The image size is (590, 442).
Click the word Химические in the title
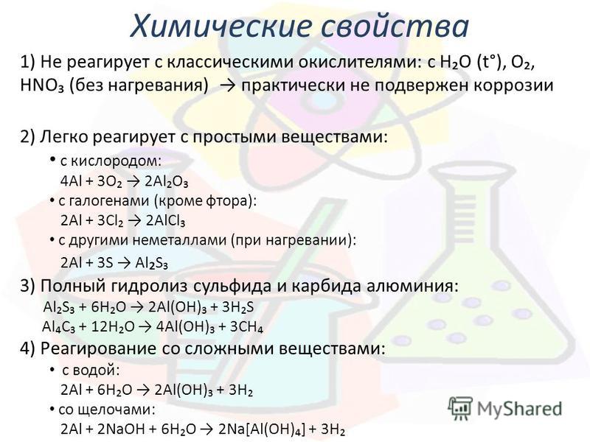click(221, 27)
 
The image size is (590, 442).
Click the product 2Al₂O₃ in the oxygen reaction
click(166, 182)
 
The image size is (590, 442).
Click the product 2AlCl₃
click(165, 221)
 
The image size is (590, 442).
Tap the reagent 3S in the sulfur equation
click(105, 263)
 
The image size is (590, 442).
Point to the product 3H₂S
click(237, 307)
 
